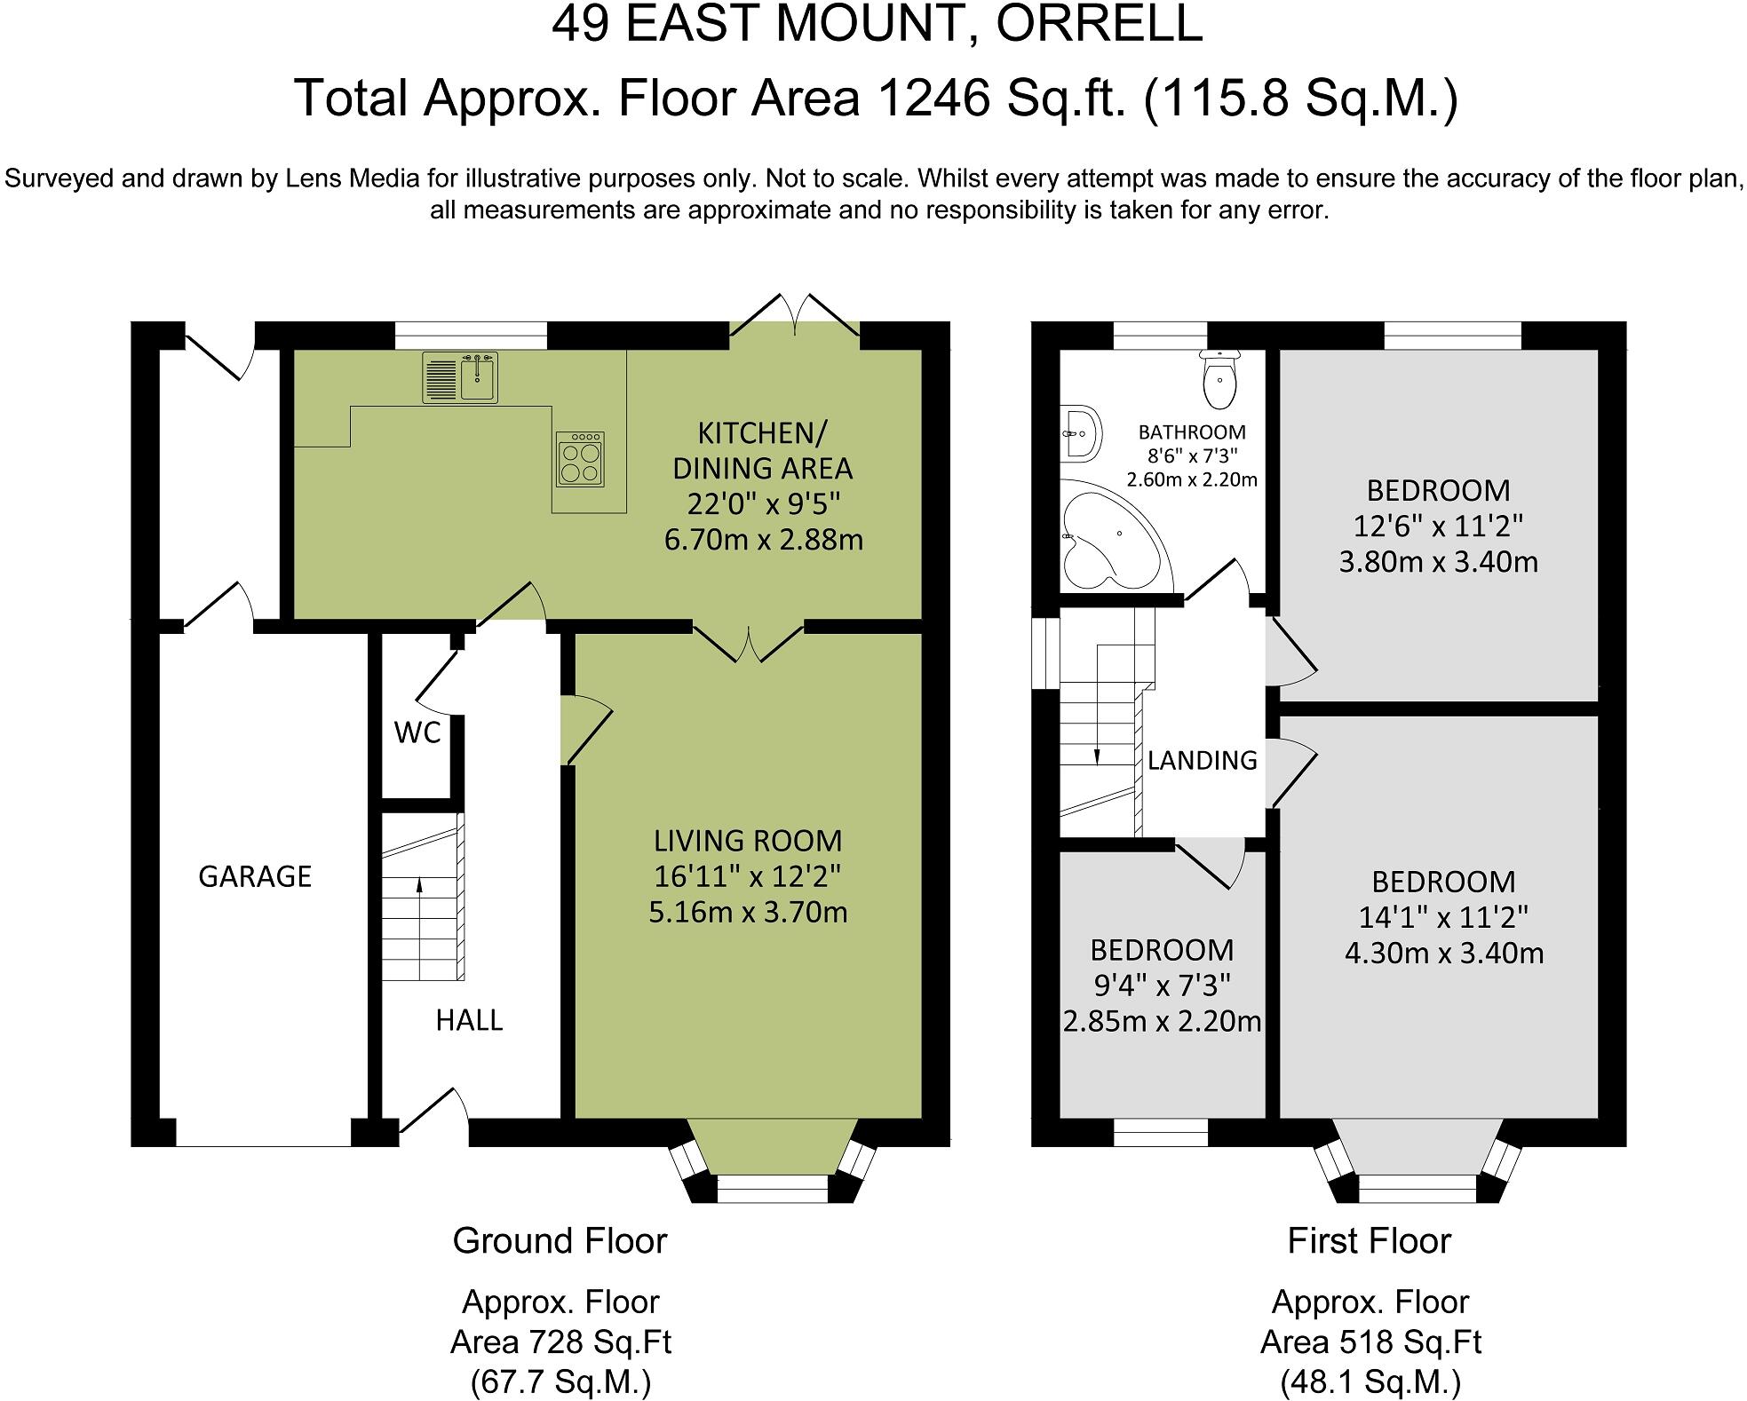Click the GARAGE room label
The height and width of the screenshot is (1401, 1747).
(x=254, y=876)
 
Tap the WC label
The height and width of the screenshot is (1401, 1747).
(x=417, y=732)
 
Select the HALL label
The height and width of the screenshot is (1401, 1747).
(x=469, y=1020)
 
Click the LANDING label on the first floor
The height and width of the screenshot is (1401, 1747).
(x=1202, y=760)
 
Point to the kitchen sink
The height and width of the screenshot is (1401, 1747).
(x=478, y=376)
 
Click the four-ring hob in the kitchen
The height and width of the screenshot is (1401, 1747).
(x=580, y=459)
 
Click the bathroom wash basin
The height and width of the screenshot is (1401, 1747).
(x=1080, y=434)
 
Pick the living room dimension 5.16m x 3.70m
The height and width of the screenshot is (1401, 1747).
(x=748, y=912)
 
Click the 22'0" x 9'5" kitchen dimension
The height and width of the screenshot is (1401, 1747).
(x=763, y=503)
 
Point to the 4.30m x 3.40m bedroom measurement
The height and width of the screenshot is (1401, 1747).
(x=1443, y=953)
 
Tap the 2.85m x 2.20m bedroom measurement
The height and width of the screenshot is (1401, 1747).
(x=1162, y=1021)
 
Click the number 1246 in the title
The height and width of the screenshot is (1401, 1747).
(x=933, y=98)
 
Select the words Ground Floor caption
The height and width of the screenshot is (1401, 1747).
(x=560, y=1240)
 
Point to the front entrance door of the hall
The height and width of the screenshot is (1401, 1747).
(x=433, y=1112)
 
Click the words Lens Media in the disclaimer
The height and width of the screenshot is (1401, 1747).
(x=352, y=178)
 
